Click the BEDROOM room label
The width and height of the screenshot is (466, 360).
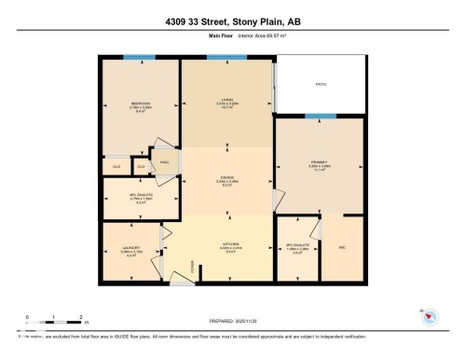(140, 104)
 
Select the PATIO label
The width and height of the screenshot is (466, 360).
(320, 86)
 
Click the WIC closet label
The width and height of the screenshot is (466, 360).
(340, 247)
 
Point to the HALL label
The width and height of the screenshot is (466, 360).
(165, 161)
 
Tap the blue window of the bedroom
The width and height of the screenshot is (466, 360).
(140, 58)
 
